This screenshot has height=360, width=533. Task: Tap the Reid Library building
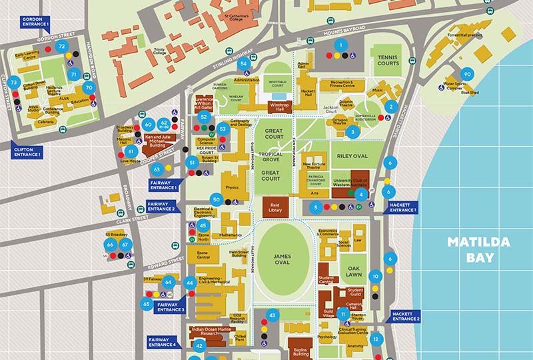[x=274, y=206]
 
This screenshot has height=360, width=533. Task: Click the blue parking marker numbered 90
[x=467, y=75]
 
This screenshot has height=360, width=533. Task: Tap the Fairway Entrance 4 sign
[x=163, y=341]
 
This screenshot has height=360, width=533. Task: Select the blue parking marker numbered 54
[x=245, y=64]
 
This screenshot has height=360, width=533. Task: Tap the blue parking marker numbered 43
[x=272, y=314]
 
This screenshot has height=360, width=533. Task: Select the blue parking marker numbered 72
[x=62, y=46]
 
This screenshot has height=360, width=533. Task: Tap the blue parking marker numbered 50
[x=216, y=199]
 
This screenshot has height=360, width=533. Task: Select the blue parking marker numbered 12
[x=376, y=339]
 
